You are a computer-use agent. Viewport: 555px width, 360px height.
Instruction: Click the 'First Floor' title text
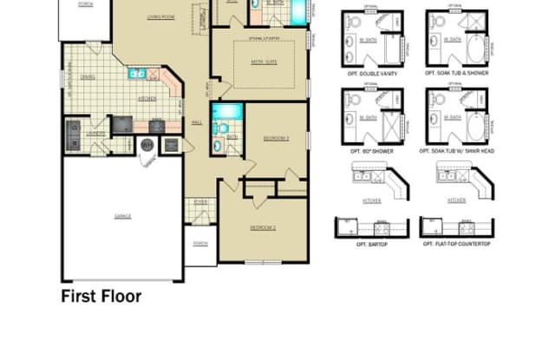(101, 296)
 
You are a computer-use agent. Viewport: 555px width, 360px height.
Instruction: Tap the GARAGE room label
(121, 214)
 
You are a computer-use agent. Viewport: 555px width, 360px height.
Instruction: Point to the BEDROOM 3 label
(276, 138)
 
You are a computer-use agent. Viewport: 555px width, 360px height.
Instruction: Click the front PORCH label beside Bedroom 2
(200, 244)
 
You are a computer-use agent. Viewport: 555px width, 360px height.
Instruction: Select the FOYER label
(200, 204)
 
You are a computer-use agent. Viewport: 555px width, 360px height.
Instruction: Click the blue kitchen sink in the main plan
(137, 75)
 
